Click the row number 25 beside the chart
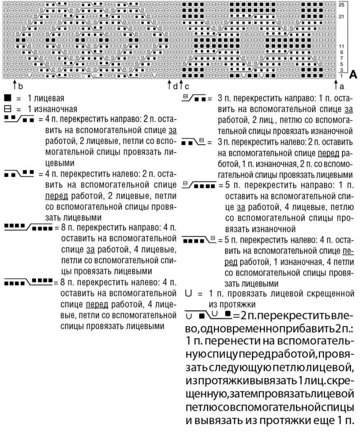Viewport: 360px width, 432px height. tap(341, 5)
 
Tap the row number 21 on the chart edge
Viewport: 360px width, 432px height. tap(341, 17)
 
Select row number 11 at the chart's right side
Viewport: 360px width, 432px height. tap(341, 46)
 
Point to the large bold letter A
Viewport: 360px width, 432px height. tap(353, 76)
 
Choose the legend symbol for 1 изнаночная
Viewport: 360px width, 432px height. tap(6, 109)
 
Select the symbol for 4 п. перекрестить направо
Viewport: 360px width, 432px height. tap(19, 120)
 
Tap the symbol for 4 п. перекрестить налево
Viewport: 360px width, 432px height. tap(19, 174)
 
